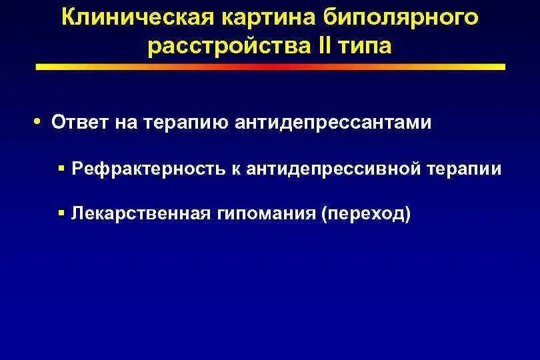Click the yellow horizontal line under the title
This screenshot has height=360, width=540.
[x=270, y=67]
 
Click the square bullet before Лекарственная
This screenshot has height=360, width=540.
[x=61, y=213]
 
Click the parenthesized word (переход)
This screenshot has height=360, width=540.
[x=367, y=214]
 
